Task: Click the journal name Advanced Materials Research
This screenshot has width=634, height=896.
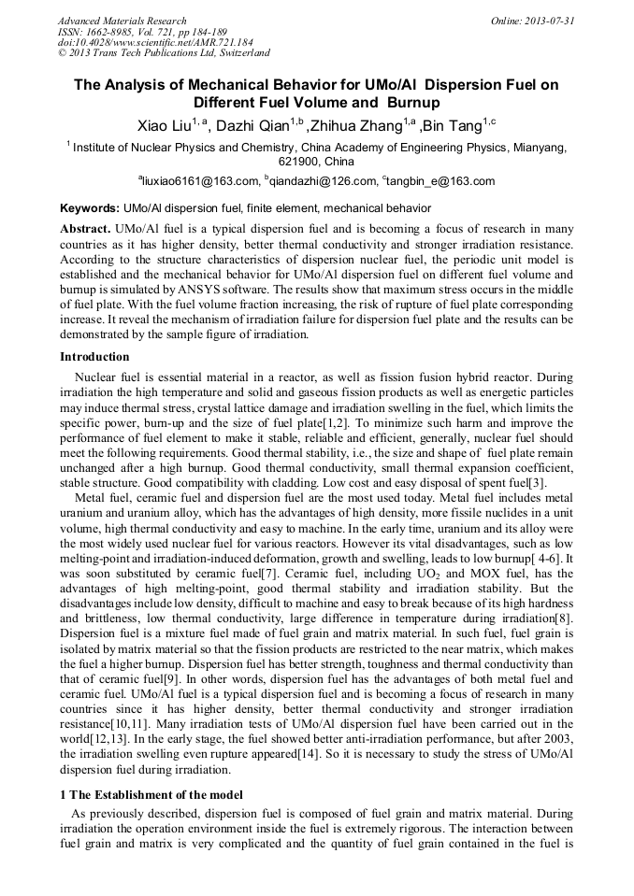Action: coord(122,21)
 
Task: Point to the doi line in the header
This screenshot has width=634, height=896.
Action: coord(155,42)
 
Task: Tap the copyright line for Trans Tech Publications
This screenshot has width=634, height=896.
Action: coord(164,53)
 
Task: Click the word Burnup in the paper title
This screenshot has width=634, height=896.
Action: coord(406,103)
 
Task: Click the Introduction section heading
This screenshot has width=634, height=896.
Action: coord(94,356)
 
